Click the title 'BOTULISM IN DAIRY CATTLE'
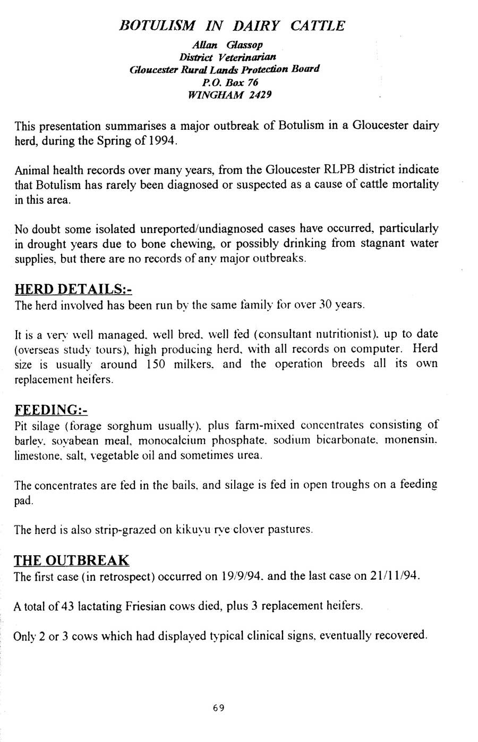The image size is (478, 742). click(232, 26)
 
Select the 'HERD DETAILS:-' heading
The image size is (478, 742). click(73, 289)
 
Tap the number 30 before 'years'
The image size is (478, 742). click(324, 305)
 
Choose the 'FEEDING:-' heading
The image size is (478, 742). click(50, 410)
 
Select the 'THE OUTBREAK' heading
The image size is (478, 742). click(71, 561)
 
